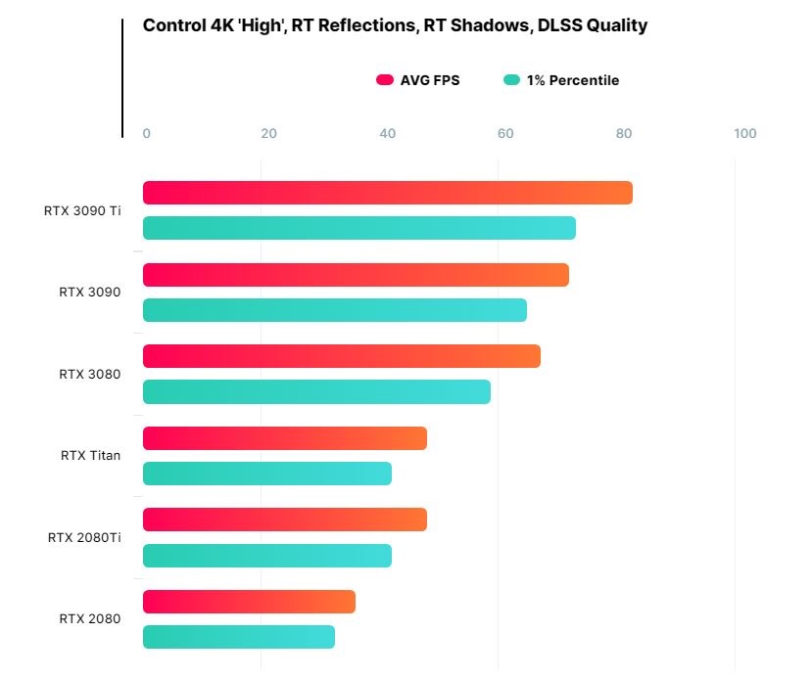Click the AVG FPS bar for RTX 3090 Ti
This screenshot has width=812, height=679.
click(387, 193)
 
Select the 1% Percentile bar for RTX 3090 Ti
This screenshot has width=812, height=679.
click(358, 228)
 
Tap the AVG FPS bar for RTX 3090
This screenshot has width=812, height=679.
click(356, 275)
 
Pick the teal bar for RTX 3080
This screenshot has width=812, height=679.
click(316, 392)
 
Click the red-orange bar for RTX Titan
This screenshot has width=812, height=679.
click(284, 438)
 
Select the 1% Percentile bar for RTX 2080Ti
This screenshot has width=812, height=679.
click(266, 556)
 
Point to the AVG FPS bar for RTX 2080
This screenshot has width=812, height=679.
click(249, 602)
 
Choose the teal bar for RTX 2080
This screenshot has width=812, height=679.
click(238, 637)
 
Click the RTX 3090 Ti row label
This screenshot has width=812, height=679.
click(82, 210)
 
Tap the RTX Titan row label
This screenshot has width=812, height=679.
click(90, 455)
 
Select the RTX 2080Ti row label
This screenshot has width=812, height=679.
click(84, 537)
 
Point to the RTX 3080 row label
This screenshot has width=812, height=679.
click(89, 374)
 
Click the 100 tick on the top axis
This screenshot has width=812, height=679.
click(744, 134)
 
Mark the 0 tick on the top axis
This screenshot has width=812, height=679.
click(147, 134)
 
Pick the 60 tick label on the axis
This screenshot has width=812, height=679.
click(505, 134)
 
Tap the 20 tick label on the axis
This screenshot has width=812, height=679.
click(268, 134)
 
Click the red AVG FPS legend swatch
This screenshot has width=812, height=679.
click(384, 80)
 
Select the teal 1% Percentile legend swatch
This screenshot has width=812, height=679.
click(511, 80)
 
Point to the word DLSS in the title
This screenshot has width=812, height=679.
click(558, 25)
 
